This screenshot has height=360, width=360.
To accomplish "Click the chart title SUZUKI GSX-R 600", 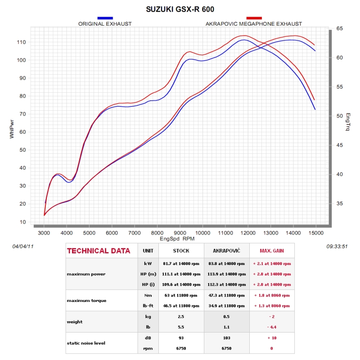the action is tap(180, 9).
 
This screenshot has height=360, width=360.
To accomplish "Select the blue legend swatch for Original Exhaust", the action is tap(105, 18).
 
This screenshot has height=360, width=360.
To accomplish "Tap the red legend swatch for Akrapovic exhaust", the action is tap(254, 18).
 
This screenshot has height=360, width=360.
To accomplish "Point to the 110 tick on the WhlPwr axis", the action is tap(21, 42).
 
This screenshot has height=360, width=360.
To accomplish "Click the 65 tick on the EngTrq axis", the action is tap(340, 28).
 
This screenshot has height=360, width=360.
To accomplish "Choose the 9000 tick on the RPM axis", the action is tap(180, 233).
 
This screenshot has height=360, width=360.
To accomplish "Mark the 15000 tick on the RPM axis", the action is tap(316, 233).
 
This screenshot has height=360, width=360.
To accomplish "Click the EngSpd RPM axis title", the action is tap(177, 239).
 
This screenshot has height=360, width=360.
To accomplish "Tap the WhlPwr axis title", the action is tap(12, 129).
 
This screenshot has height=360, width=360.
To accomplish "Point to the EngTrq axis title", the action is tap(348, 122).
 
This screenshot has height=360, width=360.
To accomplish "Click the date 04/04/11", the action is tap(23, 246).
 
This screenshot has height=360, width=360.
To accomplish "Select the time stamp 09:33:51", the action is tap(337, 246).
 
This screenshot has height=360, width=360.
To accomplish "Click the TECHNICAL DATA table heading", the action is tap(99, 251).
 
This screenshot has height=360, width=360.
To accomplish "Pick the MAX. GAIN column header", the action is tap(272, 251).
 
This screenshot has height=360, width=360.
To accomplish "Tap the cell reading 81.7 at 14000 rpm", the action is tap(181, 264).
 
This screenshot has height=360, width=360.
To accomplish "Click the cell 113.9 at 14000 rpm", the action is tap(227, 274).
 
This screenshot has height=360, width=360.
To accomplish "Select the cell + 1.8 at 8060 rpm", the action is tap(272, 295).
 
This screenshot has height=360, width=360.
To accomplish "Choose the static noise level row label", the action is tap(86, 343).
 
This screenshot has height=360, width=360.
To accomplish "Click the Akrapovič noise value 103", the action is tap(227, 338).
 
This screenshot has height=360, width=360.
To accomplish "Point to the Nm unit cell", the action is tap(148, 295).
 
